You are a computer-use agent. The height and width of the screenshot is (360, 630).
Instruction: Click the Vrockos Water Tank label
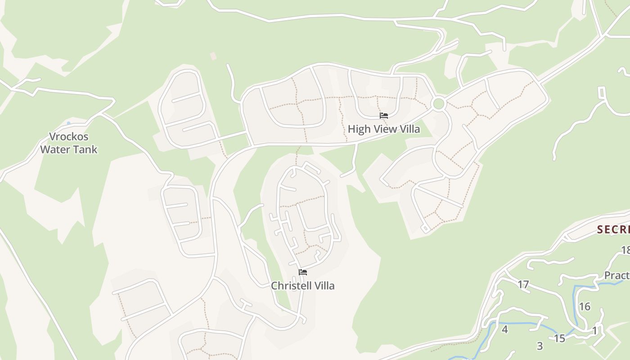69,143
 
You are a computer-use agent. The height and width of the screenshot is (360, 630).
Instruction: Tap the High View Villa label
384,129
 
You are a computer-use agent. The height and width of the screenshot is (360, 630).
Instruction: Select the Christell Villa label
302,286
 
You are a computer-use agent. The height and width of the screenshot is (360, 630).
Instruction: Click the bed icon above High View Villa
384,116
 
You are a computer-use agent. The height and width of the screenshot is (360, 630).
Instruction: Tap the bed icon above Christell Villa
303,272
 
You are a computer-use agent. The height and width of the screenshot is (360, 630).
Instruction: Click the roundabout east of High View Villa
438,104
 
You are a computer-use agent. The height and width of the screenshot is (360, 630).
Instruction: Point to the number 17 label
523,284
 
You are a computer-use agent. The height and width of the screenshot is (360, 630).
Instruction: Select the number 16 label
584,307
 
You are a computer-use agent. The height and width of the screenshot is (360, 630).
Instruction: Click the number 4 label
504,329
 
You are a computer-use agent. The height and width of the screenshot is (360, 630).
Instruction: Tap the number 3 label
540,346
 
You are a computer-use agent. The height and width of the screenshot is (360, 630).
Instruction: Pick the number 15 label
559,338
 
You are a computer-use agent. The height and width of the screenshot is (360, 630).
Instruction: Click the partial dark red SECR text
613,229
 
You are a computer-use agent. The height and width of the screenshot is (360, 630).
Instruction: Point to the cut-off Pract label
616,275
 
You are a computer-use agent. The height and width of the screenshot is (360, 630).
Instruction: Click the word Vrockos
69,137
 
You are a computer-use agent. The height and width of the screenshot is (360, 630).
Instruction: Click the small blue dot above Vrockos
68,123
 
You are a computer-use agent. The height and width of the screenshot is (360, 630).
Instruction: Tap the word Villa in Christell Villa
324,286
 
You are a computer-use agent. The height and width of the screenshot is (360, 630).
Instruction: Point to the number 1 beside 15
594,331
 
